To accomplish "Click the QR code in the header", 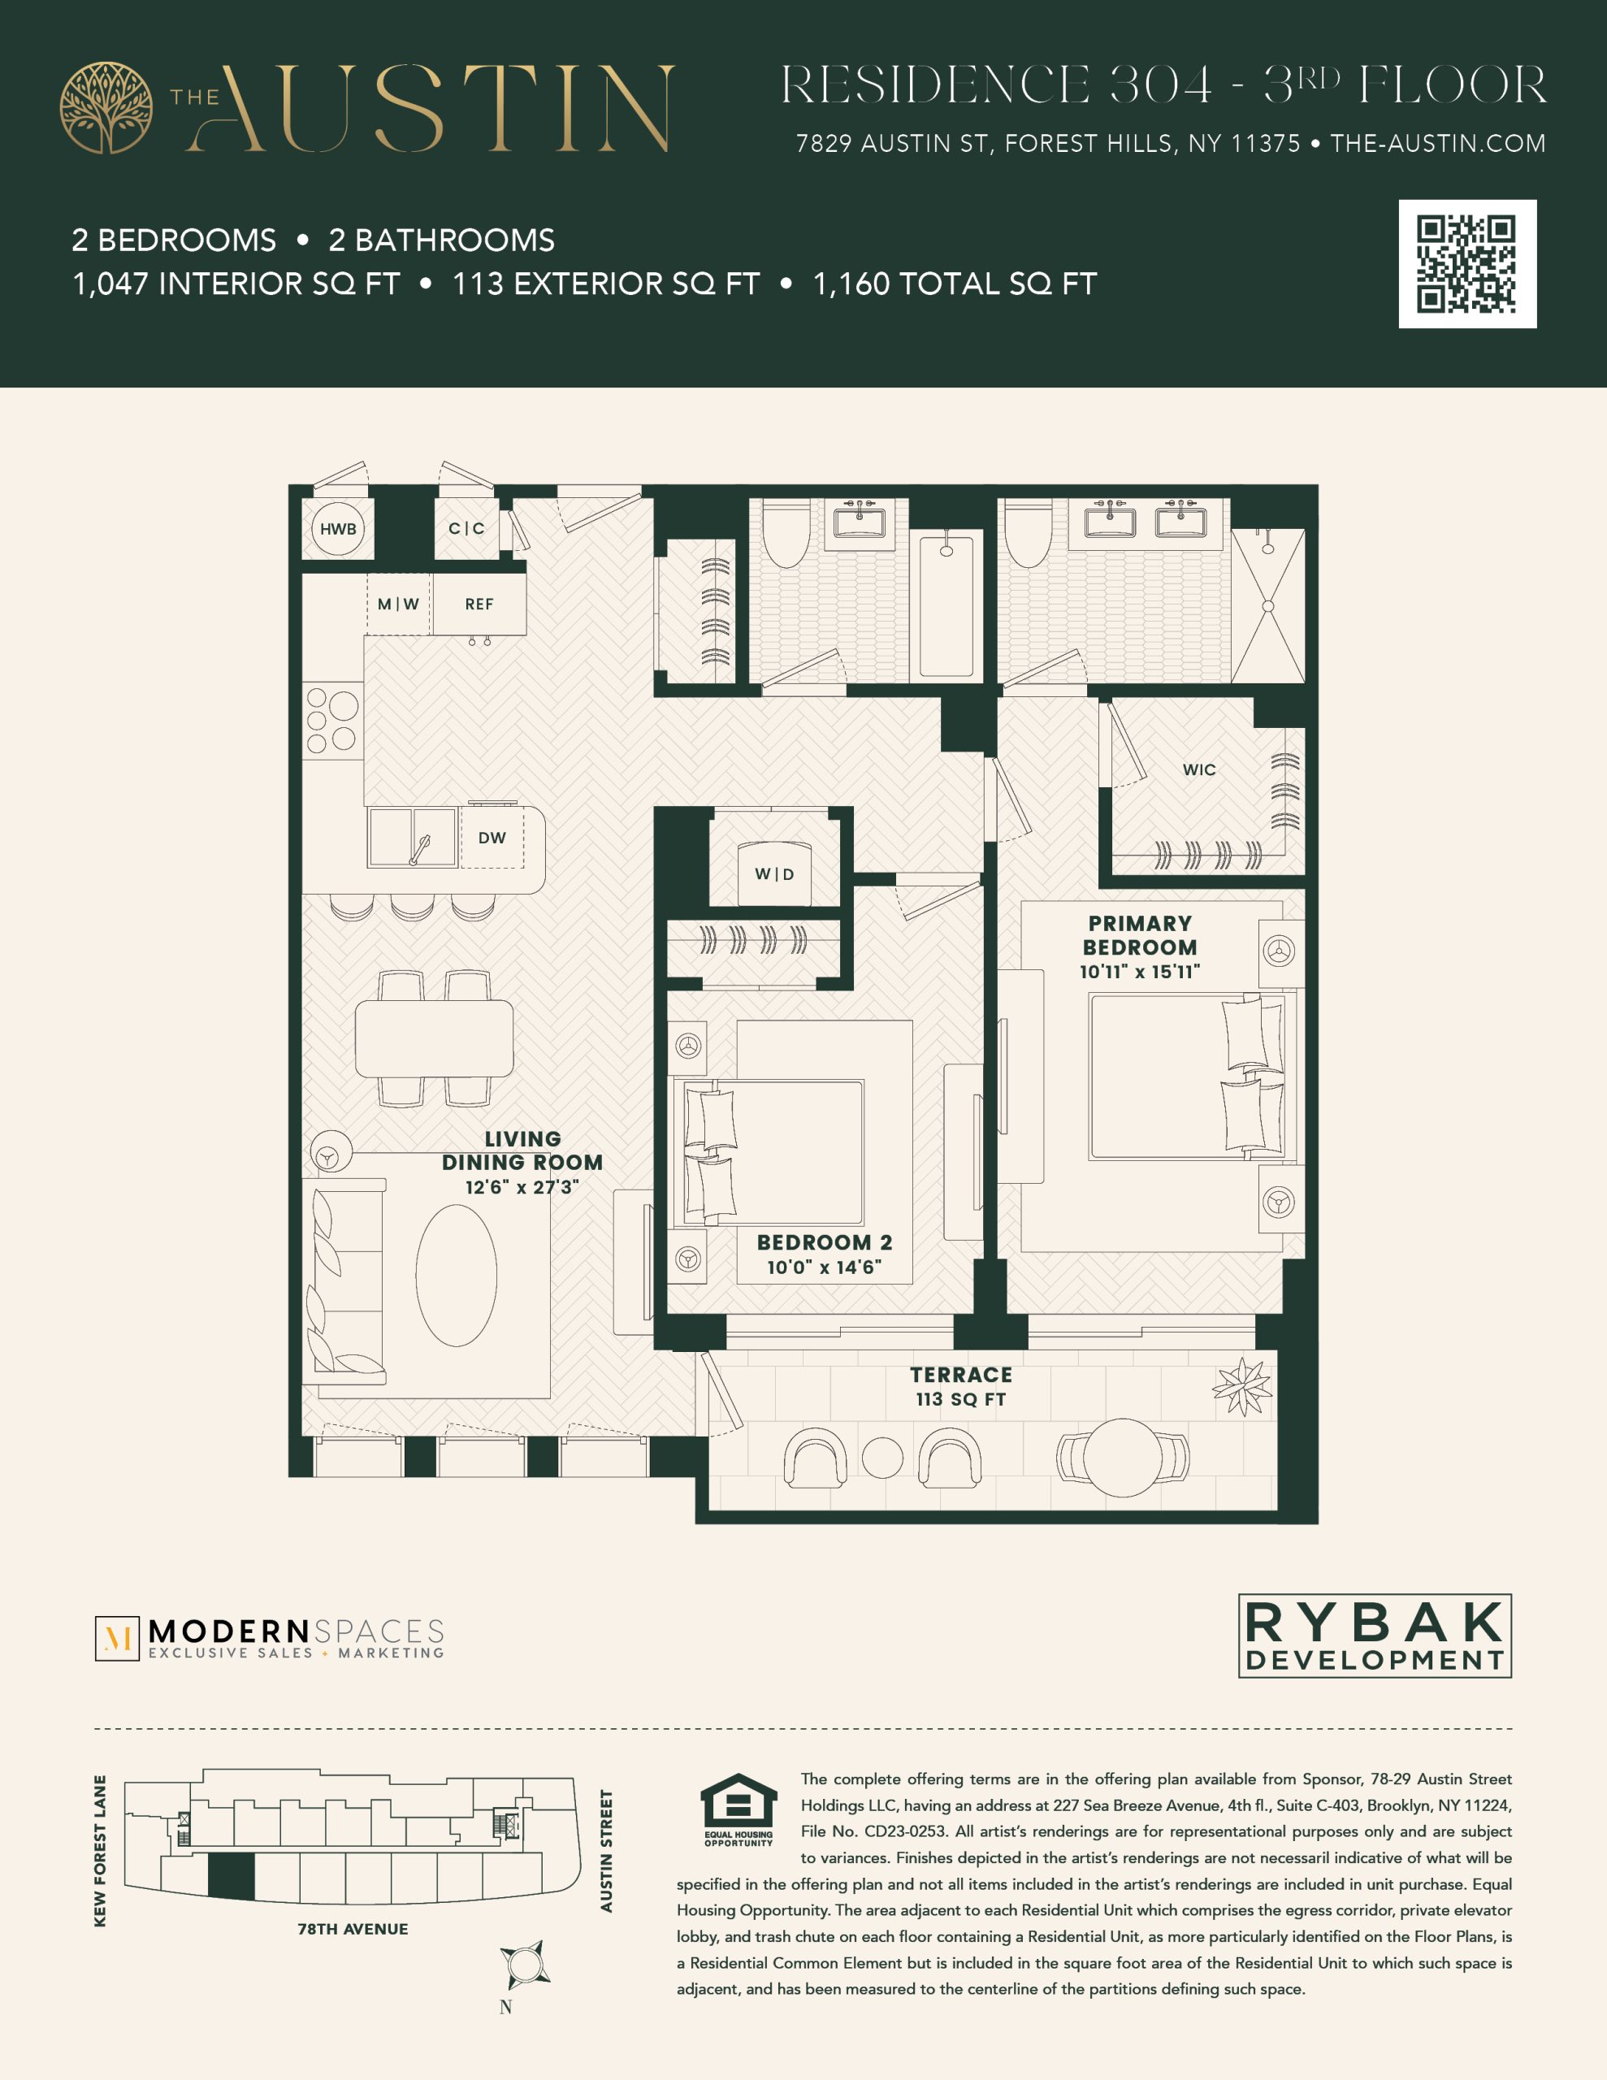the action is point(1467,264).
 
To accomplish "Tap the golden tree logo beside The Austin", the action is point(106,107).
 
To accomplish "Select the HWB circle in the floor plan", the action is point(338,529).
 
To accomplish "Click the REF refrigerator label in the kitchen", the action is point(479,604).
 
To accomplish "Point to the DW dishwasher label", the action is point(492,838).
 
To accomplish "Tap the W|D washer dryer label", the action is point(774,874).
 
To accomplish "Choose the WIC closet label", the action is point(1199,769).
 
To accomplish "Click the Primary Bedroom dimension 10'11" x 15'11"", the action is point(1139,972).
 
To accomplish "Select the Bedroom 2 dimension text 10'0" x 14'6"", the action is point(824,1267).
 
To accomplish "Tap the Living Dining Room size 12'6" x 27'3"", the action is point(522,1187).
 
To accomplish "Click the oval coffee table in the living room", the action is point(457,1276).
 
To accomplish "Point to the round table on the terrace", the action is point(1123,1457).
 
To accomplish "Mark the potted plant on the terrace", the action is point(1242,1387).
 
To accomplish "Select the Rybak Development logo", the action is point(1375,1636).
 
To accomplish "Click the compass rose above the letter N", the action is point(524,1965).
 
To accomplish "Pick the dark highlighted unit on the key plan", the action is point(232,1875).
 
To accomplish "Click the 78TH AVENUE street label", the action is point(353,1929).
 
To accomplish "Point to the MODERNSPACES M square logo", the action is point(117,1638).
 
